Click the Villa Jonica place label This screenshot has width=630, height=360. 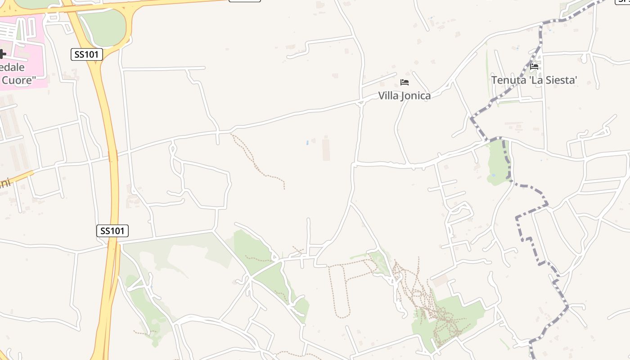tap(404, 95)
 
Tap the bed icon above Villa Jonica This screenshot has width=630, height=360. tap(405, 82)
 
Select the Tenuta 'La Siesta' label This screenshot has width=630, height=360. tap(534, 80)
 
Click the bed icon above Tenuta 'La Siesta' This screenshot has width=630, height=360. tap(534, 67)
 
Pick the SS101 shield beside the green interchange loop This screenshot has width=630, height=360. tap(87, 54)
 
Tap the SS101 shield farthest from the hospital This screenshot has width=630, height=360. tap(112, 231)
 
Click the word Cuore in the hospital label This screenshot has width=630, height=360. tap(18, 80)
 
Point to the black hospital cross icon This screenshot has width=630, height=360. tap(2, 54)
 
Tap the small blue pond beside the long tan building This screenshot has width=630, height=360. tap(307, 143)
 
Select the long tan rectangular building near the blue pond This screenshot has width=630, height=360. tap(326, 149)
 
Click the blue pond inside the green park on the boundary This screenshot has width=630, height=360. tap(494, 175)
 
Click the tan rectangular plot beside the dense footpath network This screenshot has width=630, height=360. tap(441, 281)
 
